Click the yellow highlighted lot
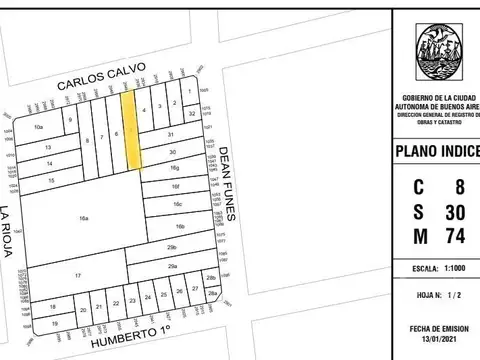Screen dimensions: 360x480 click(131, 130)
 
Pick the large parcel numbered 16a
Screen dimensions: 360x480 click(84, 217)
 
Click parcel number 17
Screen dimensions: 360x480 click(77, 275)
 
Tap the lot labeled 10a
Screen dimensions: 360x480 click(39, 128)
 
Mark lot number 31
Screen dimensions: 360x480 click(171, 134)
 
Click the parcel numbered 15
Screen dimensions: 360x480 click(51, 179)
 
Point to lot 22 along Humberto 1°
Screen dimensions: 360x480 click(117, 302)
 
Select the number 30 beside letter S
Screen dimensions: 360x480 click(455, 211)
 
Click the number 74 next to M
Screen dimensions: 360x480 click(455, 237)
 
